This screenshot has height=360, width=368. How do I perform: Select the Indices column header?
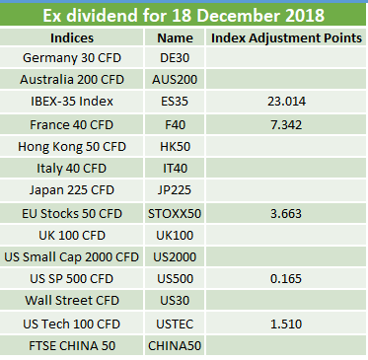[72, 37]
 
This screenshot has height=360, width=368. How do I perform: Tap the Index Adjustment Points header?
[286, 37]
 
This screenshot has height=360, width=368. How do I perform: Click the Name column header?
[175, 37]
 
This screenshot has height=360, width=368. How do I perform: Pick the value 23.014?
[286, 102]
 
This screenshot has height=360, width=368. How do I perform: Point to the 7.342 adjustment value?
[286, 125]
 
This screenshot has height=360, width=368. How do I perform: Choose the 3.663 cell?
[286, 214]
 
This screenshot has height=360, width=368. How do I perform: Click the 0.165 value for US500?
[286, 279]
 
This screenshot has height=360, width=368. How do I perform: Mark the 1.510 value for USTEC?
[286, 324]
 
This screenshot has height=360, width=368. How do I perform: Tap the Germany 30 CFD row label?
[72, 58]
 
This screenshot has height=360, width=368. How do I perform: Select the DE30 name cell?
[175, 58]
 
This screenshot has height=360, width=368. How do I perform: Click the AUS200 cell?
[175, 80]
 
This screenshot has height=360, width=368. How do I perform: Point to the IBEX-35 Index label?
[72, 102]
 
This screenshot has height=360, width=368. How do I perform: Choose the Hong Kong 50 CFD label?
[72, 147]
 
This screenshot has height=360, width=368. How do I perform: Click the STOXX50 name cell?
[175, 214]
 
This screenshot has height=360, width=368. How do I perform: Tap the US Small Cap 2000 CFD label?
[72, 257]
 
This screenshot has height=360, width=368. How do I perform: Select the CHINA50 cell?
[175, 346]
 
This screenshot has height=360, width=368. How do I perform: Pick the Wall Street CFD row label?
[72, 301]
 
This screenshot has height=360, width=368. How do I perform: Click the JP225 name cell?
[175, 190]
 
